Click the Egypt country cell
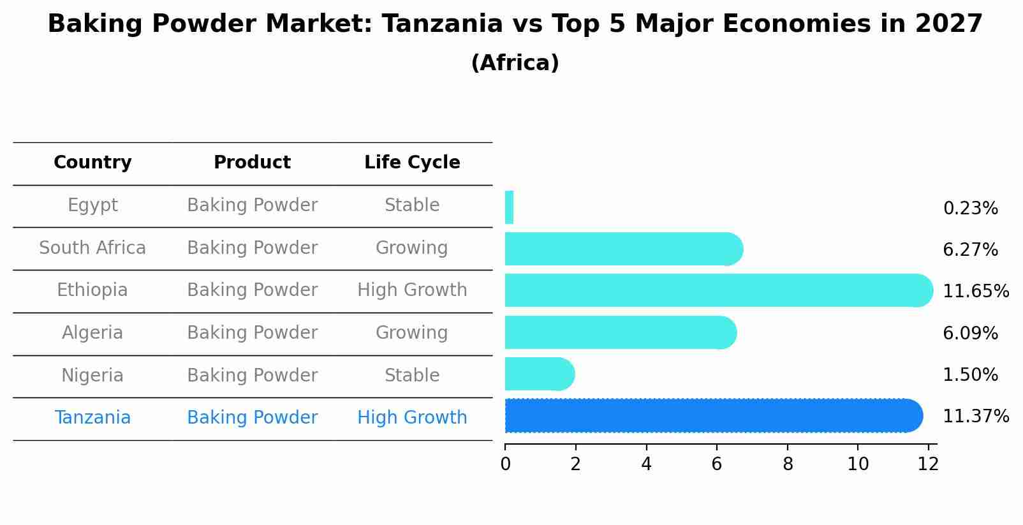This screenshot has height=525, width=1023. (92, 205)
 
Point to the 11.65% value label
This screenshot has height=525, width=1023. (975, 292)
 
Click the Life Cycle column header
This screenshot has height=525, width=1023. (412, 163)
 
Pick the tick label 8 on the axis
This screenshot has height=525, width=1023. (788, 464)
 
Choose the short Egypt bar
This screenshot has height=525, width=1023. (509, 207)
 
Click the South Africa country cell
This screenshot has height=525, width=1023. (92, 248)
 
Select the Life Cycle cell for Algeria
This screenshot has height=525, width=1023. (412, 333)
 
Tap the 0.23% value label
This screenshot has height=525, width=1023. (970, 209)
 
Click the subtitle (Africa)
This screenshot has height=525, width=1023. (515, 63)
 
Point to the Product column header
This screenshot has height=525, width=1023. (252, 163)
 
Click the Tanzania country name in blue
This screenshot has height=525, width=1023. (92, 418)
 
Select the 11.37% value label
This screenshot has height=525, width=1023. (975, 417)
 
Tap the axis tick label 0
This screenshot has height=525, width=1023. (505, 464)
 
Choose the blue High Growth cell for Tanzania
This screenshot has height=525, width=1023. (412, 418)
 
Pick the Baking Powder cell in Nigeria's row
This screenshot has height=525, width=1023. (252, 376)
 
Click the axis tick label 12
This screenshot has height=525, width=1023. (928, 464)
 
